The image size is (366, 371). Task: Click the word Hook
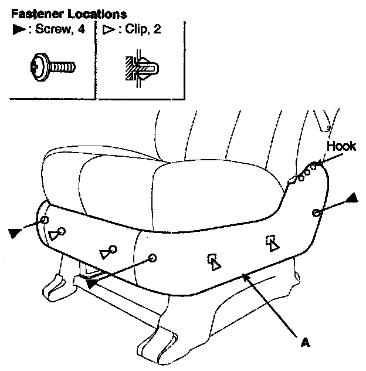click(x=341, y=147)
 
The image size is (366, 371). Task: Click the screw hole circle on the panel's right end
click(x=317, y=213)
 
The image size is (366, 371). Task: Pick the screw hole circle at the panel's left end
click(x=45, y=220)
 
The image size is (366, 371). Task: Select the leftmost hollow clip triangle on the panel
click(x=55, y=236)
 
